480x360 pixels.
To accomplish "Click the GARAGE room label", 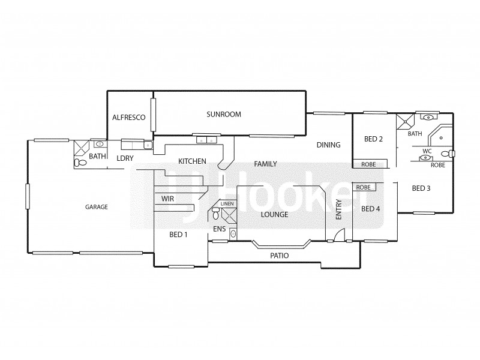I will pyautogui.click(x=96, y=207).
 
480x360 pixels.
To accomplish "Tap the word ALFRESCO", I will pyautogui.click(x=129, y=118).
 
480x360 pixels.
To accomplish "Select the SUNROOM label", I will pyautogui.click(x=224, y=114).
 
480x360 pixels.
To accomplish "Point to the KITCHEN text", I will pyautogui.click(x=192, y=161).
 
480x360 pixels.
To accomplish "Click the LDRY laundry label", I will pyautogui.click(x=125, y=158).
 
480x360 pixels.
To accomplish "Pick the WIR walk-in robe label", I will pyautogui.click(x=167, y=199).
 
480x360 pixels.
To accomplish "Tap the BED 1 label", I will pyautogui.click(x=178, y=234).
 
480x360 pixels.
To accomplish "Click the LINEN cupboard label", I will pyautogui.click(x=227, y=204).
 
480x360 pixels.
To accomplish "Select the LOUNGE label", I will pyautogui.click(x=274, y=214).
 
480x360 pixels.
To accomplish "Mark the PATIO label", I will pyautogui.click(x=279, y=256).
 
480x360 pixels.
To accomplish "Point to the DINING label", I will pyautogui.click(x=329, y=145).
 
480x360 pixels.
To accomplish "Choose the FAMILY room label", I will pyautogui.click(x=265, y=163).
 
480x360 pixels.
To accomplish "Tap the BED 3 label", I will pyautogui.click(x=421, y=188).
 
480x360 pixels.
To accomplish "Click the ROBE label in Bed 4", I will pyautogui.click(x=364, y=187).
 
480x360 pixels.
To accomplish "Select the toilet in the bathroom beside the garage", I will pyautogui.click(x=79, y=163).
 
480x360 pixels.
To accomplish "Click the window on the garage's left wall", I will pyautogui.click(x=27, y=197).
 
